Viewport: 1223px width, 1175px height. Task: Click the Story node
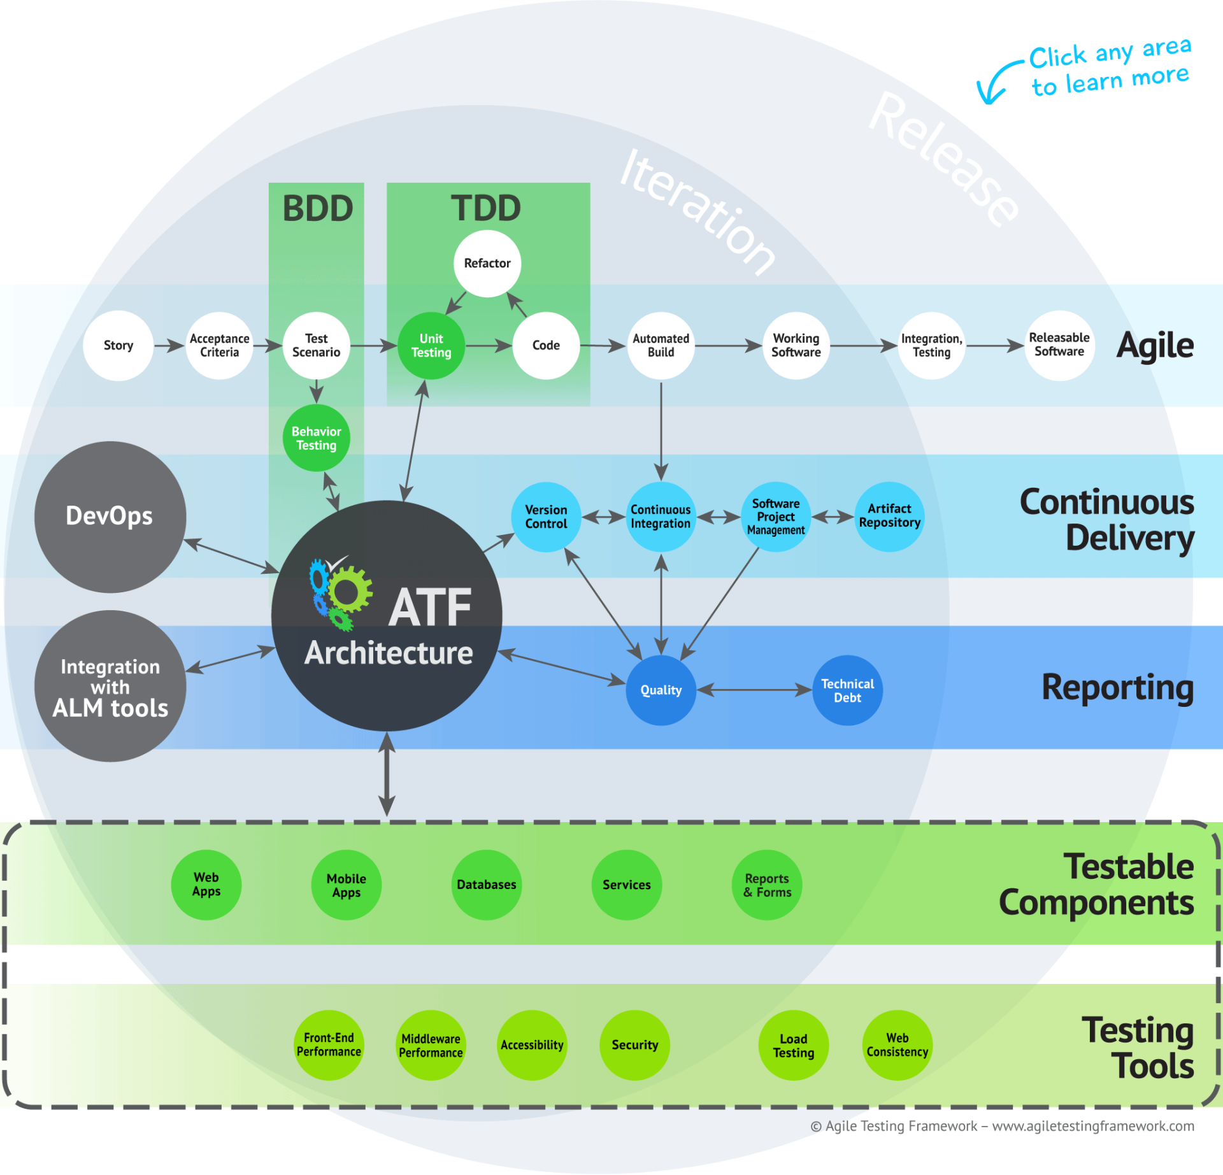(118, 346)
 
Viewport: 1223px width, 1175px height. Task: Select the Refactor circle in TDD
(487, 263)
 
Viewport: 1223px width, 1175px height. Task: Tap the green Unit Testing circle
(431, 346)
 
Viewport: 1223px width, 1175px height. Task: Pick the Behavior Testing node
(317, 438)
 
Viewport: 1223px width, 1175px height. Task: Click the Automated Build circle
(661, 346)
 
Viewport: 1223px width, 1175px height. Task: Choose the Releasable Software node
(1059, 345)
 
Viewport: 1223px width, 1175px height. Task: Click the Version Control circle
(546, 516)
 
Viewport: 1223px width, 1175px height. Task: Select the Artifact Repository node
(889, 516)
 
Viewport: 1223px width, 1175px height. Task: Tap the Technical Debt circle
(847, 690)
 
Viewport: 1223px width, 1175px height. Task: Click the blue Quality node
(661, 690)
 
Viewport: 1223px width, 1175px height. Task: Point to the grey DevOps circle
(110, 516)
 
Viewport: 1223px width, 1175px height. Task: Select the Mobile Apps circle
(346, 885)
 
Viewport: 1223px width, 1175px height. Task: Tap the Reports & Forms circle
(767, 885)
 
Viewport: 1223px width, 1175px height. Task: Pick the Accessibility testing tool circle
(532, 1045)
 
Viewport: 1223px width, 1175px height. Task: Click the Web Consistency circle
(897, 1045)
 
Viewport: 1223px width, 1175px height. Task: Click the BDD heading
(317, 208)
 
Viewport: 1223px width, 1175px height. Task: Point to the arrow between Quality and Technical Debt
(754, 690)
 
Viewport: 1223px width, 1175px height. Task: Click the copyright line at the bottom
(1002, 1126)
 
